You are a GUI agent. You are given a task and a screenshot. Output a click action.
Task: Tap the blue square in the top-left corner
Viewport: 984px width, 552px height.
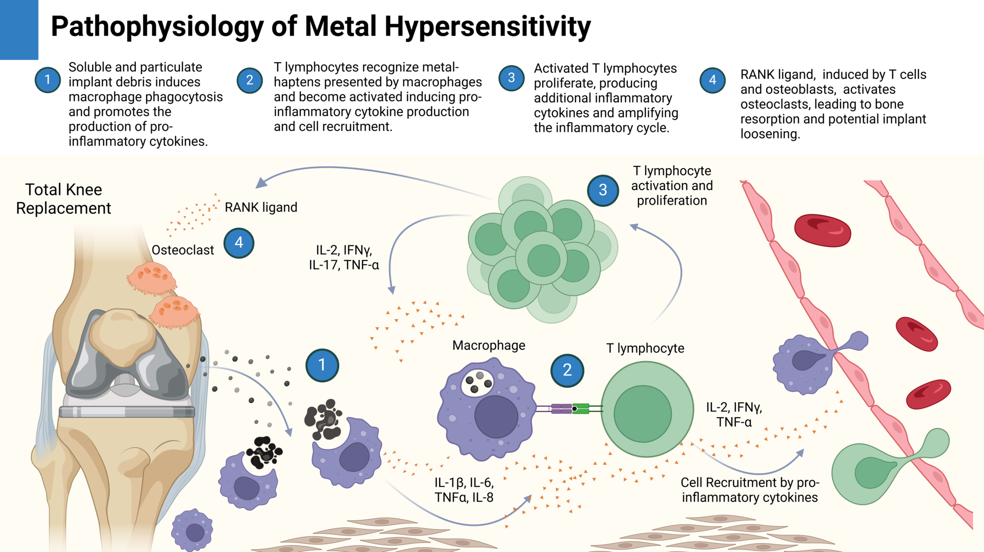point(19,29)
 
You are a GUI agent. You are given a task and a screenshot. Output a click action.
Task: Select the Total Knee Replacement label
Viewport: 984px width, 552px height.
point(64,199)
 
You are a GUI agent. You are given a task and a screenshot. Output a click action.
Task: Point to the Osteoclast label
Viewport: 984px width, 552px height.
point(182,250)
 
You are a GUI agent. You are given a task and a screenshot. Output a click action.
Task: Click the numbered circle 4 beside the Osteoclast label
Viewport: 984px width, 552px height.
point(239,243)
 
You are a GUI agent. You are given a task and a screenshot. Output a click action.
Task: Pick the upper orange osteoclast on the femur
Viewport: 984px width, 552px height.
point(152,279)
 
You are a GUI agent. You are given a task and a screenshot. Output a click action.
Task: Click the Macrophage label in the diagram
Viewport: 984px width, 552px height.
point(488,346)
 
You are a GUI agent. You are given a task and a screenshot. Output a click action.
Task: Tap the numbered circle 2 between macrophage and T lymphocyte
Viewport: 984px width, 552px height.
point(567,370)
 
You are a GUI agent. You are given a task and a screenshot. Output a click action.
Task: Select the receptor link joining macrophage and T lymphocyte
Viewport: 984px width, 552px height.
point(569,409)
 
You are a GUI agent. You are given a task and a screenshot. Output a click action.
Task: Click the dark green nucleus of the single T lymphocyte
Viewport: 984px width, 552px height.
point(643,413)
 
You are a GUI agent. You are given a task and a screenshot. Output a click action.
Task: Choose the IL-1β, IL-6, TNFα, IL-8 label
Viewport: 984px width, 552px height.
point(464,490)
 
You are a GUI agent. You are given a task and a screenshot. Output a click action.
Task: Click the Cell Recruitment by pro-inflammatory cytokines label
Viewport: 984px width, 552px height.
point(749,490)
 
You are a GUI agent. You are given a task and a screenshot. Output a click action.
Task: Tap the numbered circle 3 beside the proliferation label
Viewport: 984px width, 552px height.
point(603,190)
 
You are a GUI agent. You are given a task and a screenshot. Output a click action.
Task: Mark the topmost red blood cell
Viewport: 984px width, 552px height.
point(822,230)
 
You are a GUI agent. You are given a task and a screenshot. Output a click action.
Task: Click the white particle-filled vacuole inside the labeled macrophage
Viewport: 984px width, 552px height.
point(478,382)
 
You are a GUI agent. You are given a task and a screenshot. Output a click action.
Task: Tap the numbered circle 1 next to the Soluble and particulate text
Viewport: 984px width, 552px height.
point(48,80)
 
